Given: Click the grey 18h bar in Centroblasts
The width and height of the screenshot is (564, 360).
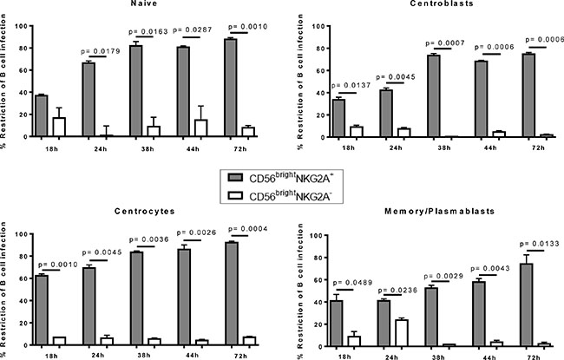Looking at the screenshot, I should tap(338, 118).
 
